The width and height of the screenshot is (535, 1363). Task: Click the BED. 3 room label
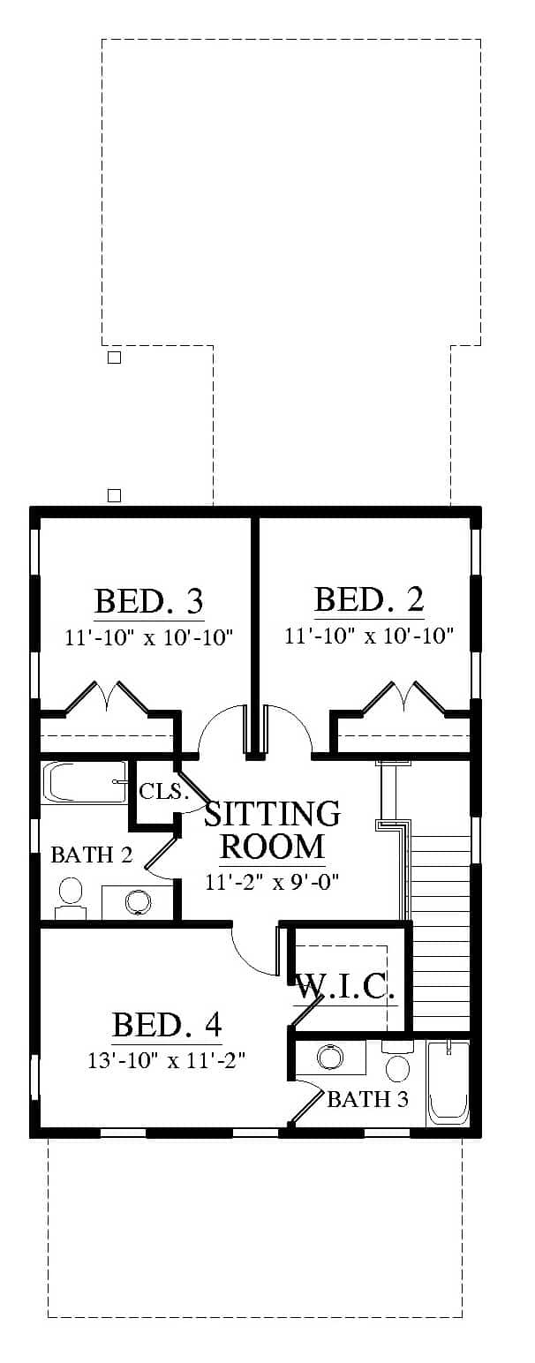[x=149, y=601]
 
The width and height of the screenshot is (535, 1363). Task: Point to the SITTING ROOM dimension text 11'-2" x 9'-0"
[x=271, y=881]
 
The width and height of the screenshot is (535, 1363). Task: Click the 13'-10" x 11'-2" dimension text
[x=167, y=1060]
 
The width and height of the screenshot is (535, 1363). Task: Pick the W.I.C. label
[x=345, y=987]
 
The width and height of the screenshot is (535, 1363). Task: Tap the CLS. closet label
[x=161, y=791]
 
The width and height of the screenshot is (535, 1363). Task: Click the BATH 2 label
[x=91, y=855]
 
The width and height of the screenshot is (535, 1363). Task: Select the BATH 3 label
[x=367, y=1098]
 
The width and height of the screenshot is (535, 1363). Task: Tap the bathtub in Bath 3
[x=448, y=1082]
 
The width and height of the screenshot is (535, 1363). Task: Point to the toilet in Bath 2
[x=71, y=897]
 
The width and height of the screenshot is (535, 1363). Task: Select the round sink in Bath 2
[x=137, y=901]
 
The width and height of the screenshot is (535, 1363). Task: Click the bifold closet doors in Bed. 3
[x=107, y=697]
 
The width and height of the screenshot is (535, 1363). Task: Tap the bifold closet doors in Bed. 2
[x=404, y=697]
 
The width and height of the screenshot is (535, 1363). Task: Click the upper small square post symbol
[x=114, y=358]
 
